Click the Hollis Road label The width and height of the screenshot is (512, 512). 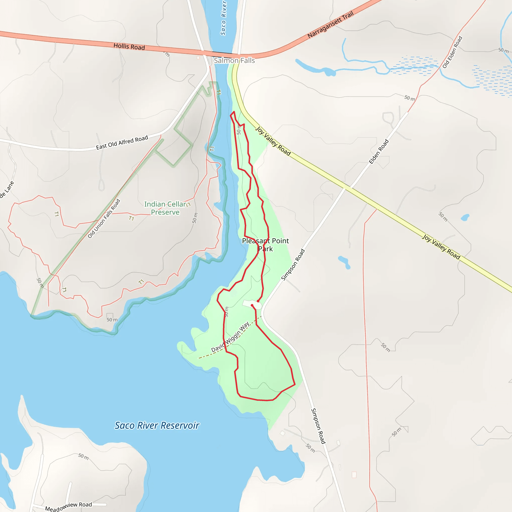point(129,47)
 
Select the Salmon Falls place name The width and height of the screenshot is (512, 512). point(234,61)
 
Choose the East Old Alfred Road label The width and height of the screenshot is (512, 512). point(122,142)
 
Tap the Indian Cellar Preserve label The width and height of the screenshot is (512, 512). point(165,208)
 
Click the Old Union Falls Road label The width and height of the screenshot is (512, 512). point(104,219)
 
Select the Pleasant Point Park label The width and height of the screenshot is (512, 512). point(265,244)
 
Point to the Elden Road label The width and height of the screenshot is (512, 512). point(379,151)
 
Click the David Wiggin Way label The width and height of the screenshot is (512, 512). point(230,337)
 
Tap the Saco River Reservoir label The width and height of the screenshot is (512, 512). point(157,425)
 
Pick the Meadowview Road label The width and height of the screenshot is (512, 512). point(68,506)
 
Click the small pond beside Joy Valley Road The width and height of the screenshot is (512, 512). point(465,217)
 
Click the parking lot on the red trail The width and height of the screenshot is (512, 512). point(252,304)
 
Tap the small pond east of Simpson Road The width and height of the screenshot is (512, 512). point(344,262)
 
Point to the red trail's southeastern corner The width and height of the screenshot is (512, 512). point(295,384)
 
